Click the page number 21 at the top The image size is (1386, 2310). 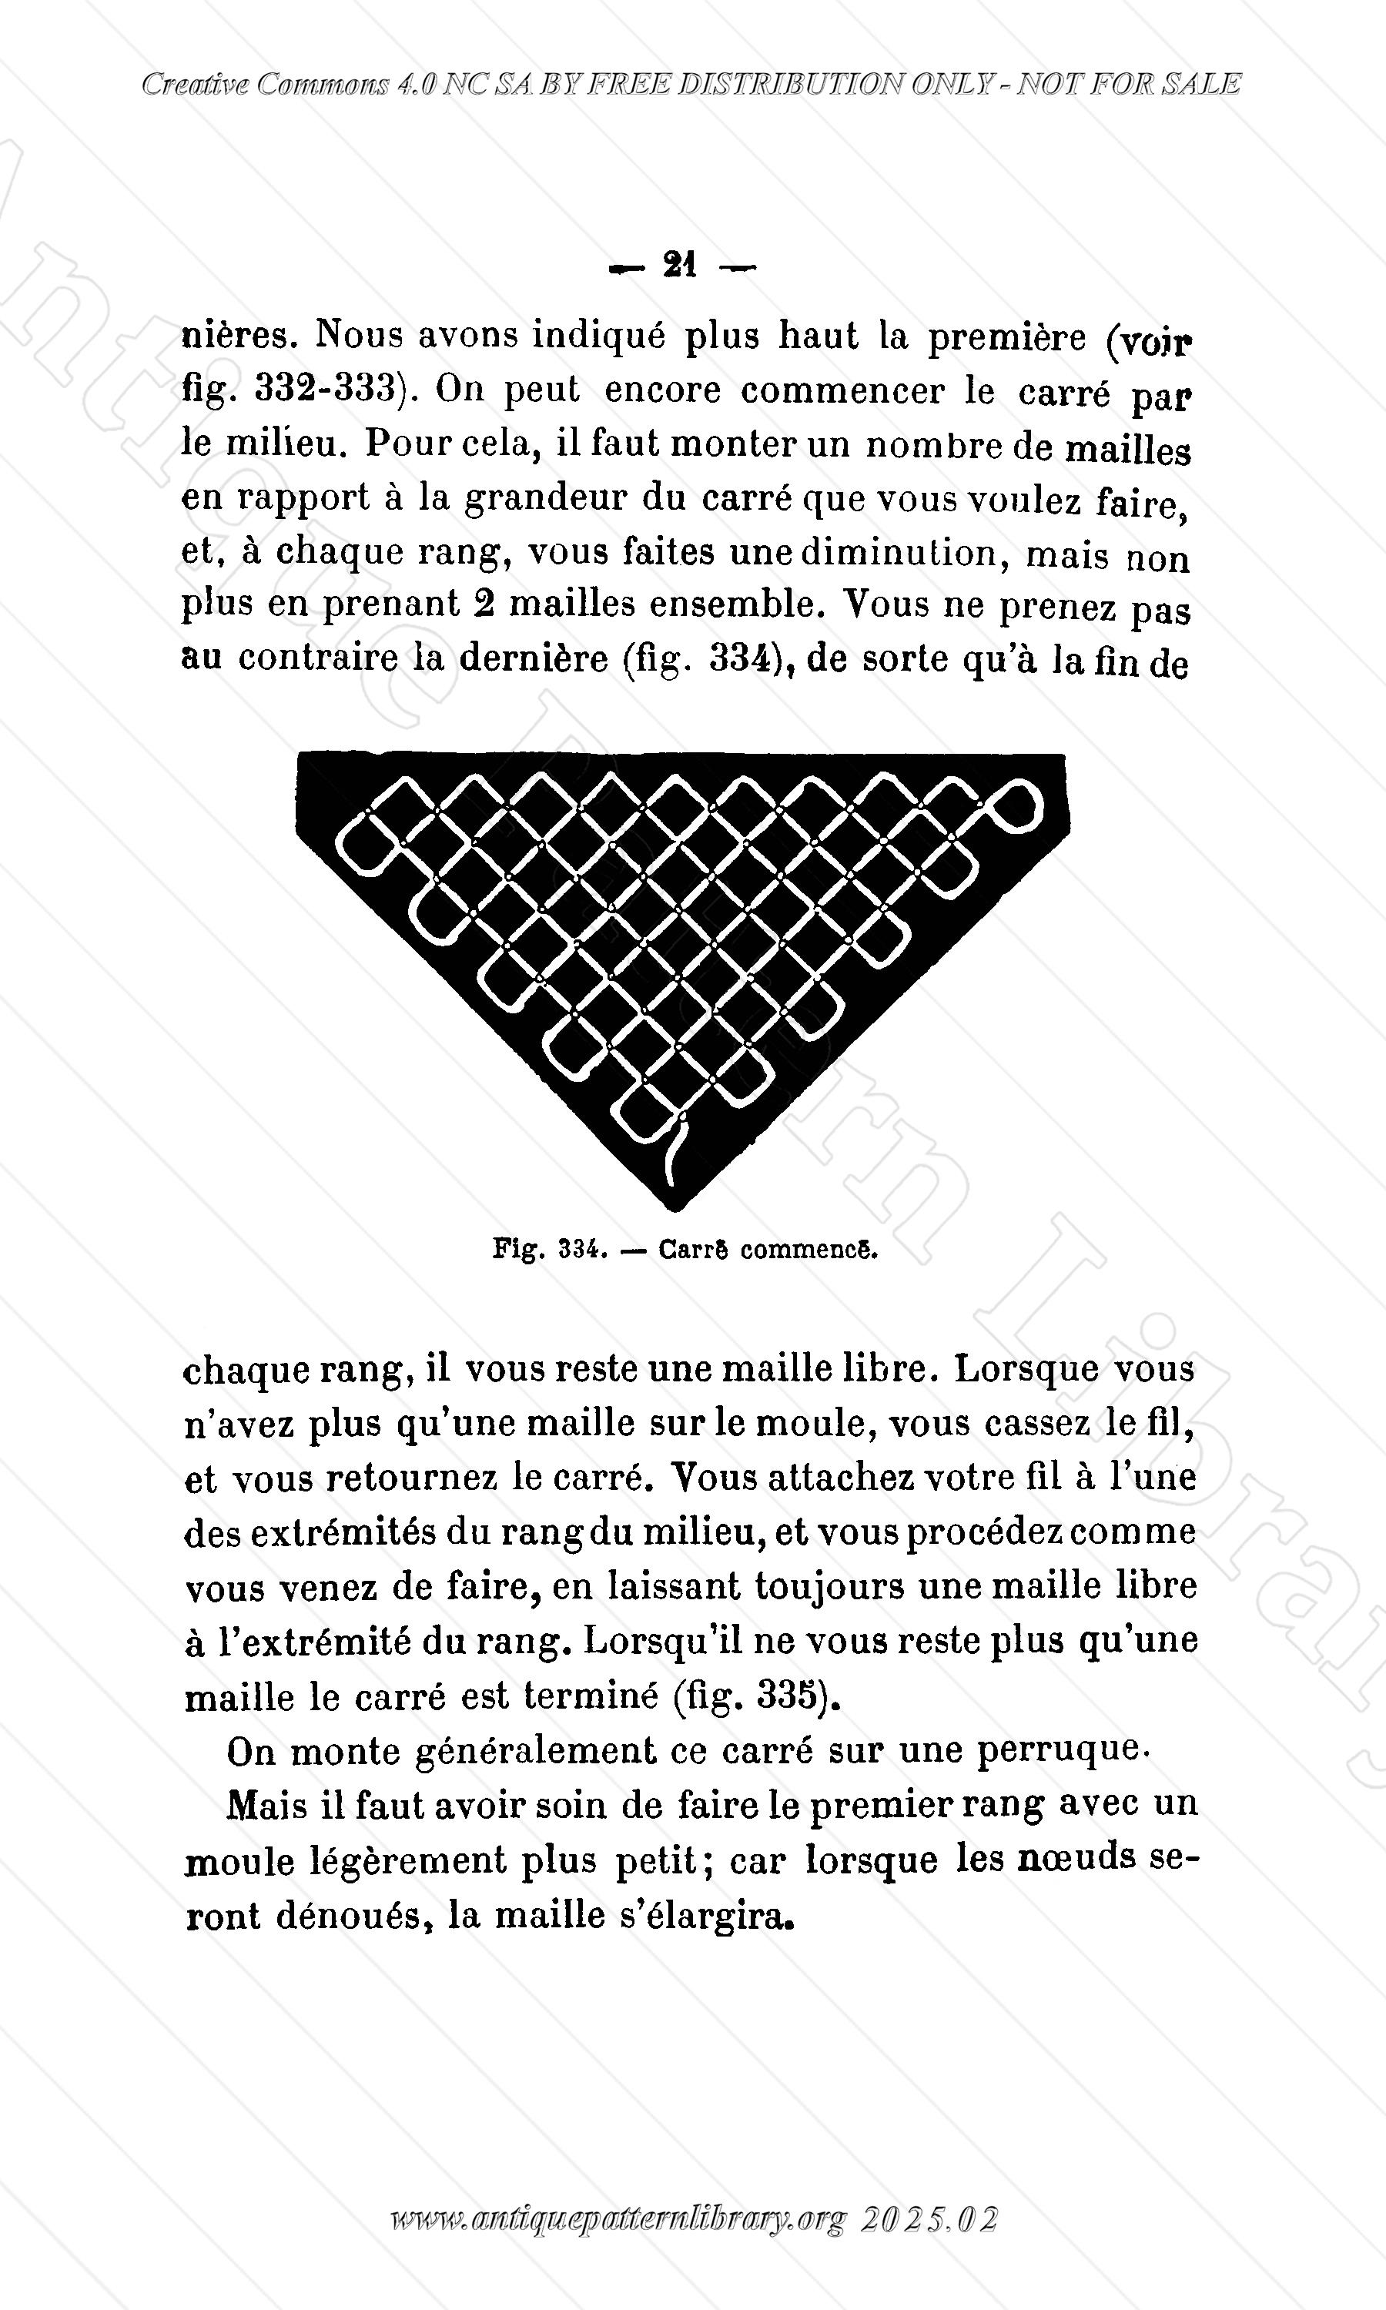(680, 266)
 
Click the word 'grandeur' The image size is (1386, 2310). (543, 497)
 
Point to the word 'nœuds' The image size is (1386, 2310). (1074, 1858)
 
